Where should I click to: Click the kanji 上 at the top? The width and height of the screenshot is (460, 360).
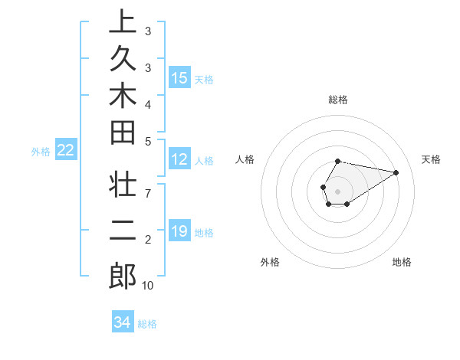click(123, 22)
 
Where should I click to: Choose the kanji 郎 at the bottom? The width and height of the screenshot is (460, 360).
click(123, 276)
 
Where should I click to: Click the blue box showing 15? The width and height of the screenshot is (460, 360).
click(179, 77)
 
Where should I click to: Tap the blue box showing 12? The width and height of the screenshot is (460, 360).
click(179, 159)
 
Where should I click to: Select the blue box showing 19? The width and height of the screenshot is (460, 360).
click(179, 231)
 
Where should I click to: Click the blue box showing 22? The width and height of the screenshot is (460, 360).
click(66, 150)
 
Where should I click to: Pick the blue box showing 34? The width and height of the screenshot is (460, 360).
click(122, 322)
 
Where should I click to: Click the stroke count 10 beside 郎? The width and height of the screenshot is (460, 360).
click(148, 286)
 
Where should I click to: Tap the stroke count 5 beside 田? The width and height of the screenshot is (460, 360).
click(148, 140)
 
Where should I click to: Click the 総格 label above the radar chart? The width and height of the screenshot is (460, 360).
click(337, 100)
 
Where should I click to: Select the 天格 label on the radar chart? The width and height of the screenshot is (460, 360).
click(431, 159)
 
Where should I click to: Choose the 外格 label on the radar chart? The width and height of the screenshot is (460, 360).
click(270, 262)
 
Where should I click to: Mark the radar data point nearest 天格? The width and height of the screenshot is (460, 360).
click(396, 172)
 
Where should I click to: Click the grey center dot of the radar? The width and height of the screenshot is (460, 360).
click(337, 191)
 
